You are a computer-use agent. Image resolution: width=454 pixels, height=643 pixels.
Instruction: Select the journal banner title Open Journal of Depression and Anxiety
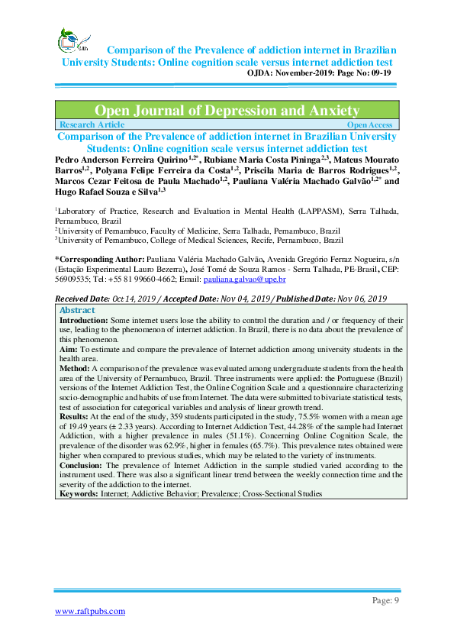click(x=227, y=111)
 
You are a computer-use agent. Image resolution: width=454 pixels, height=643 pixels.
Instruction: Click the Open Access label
click(x=369, y=124)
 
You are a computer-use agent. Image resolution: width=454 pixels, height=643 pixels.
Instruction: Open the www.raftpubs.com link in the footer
click(x=89, y=611)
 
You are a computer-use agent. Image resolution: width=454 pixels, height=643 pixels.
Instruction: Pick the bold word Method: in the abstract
click(x=75, y=367)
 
